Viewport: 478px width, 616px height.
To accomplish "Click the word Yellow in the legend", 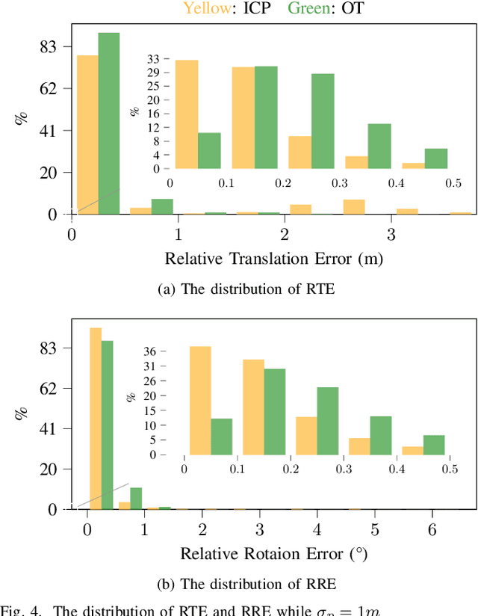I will pyautogui.click(x=202, y=9).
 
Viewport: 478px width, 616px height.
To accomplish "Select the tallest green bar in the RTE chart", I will pyautogui.click(x=108, y=123).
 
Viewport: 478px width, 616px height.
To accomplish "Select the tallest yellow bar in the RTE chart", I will pyautogui.click(x=87, y=135).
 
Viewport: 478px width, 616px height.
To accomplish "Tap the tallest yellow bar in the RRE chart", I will pyautogui.click(x=96, y=419).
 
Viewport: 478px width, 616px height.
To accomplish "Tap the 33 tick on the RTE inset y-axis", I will pyautogui.click(x=155, y=58).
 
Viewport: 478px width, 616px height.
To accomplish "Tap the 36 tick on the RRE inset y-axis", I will pyautogui.click(x=170, y=351).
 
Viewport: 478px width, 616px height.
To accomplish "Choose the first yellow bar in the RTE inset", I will pyautogui.click(x=187, y=114).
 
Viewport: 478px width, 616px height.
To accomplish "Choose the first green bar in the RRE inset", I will pyautogui.click(x=221, y=437).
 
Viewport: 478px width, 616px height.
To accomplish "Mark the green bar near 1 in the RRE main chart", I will pyautogui.click(x=136, y=498).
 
